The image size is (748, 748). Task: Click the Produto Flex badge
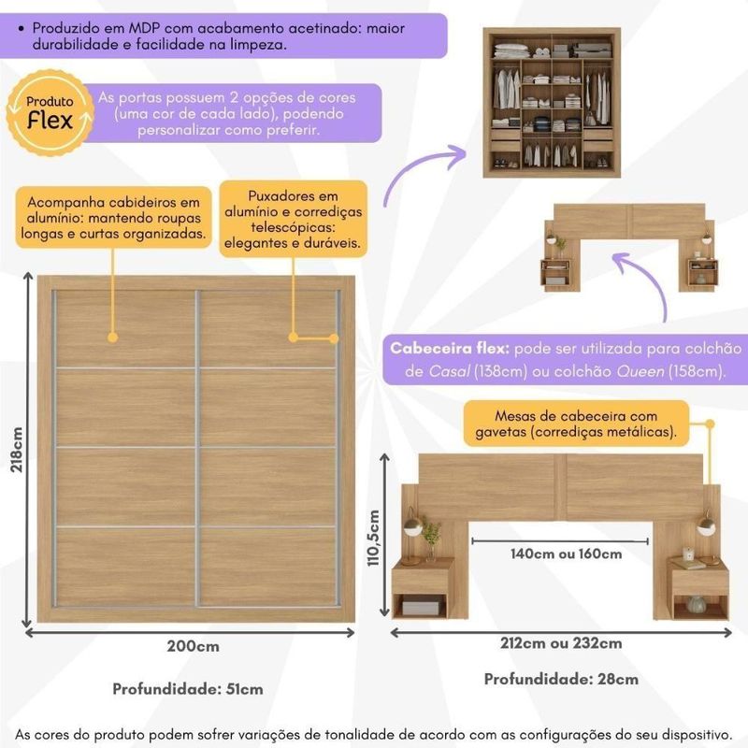[x=50, y=112]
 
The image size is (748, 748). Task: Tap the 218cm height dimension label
[x=17, y=450]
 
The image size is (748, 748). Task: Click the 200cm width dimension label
[x=194, y=646]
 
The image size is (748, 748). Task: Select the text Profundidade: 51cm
[x=188, y=689]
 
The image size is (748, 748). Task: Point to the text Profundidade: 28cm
[x=561, y=679]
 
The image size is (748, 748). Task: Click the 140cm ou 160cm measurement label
[x=567, y=554]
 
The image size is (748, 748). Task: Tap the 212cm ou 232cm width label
[x=561, y=643]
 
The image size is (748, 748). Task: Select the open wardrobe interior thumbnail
[x=552, y=103]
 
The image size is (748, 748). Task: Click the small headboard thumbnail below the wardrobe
[x=629, y=248]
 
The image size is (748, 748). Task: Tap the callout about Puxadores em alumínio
[x=293, y=220]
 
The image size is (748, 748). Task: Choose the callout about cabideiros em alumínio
[x=113, y=218]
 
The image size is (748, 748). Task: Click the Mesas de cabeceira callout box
[x=576, y=424]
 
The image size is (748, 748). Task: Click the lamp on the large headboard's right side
[x=705, y=524]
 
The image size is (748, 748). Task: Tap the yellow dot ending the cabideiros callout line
[x=112, y=338]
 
